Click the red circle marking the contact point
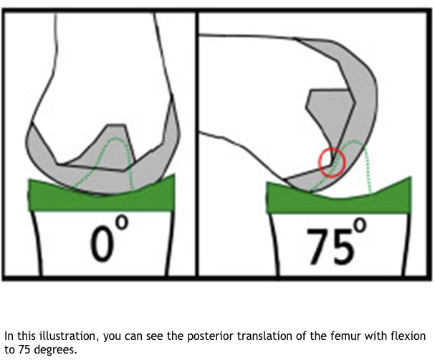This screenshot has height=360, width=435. [x=332, y=161]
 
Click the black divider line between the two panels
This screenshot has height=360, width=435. [x=196, y=143]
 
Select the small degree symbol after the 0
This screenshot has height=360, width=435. [x=122, y=224]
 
